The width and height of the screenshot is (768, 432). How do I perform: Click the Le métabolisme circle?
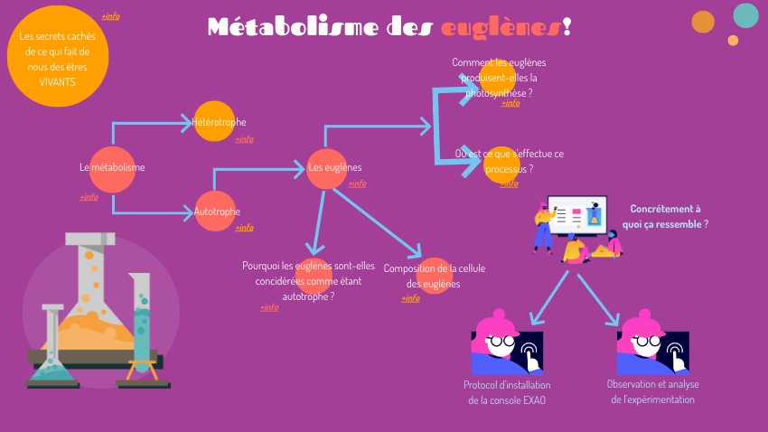[x=112, y=167]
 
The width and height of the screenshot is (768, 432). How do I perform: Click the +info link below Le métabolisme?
[x=89, y=197]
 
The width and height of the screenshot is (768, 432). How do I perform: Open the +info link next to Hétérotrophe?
[x=244, y=139]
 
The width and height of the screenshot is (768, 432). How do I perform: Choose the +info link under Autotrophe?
[x=244, y=228]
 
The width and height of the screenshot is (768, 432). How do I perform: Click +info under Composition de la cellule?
[x=411, y=298]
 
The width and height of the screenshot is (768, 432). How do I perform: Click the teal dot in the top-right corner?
[x=745, y=15]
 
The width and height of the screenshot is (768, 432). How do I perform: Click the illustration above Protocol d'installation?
[x=507, y=344]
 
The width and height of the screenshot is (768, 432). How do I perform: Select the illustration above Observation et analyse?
[x=652, y=344]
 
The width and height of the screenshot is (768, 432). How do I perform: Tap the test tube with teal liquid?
[x=142, y=325]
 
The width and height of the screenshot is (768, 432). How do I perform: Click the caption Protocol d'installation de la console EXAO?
[x=507, y=392]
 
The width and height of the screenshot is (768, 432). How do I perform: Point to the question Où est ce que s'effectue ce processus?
[x=509, y=161]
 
